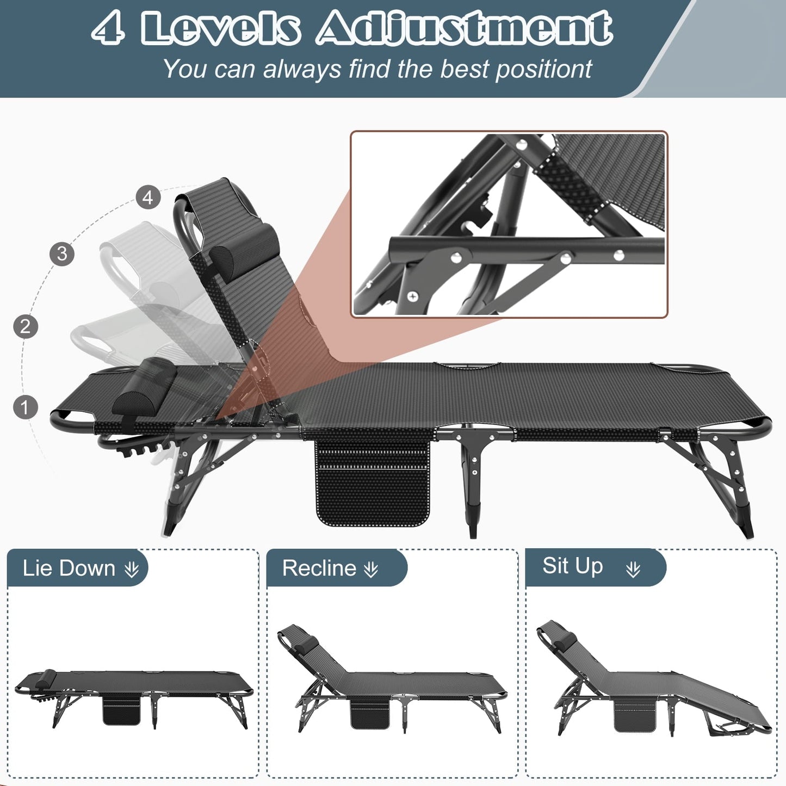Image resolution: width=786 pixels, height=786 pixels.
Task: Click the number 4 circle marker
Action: [x=148, y=197]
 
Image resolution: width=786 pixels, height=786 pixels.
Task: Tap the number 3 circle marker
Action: [x=62, y=253]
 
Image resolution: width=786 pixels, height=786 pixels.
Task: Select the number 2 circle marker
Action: [x=25, y=326]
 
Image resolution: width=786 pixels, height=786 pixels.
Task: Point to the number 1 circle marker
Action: [x=25, y=407]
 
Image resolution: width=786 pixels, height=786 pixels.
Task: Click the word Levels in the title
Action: [x=220, y=28]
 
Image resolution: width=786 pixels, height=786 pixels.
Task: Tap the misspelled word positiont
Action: [x=543, y=70]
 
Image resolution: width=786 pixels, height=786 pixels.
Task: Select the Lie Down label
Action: [x=69, y=568]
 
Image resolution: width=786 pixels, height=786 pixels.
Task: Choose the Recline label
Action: [x=319, y=568]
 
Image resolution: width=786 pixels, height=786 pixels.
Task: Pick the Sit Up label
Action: [x=573, y=566]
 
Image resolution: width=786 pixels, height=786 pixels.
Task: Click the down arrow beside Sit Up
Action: [x=633, y=570]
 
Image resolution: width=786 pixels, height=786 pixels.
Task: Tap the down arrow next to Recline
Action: [x=371, y=570]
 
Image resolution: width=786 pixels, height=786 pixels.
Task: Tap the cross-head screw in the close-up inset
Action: [x=413, y=296]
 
